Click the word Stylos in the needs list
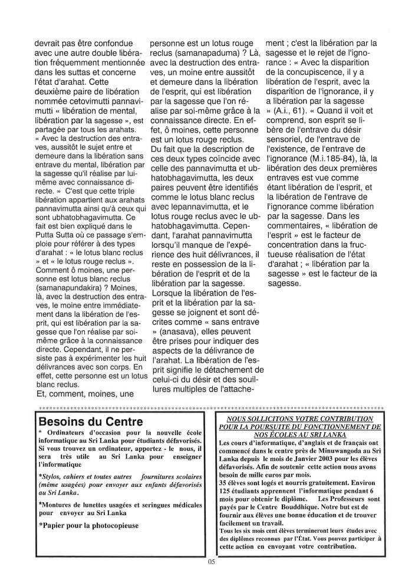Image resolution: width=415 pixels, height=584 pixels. pyautogui.click(x=51, y=474)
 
